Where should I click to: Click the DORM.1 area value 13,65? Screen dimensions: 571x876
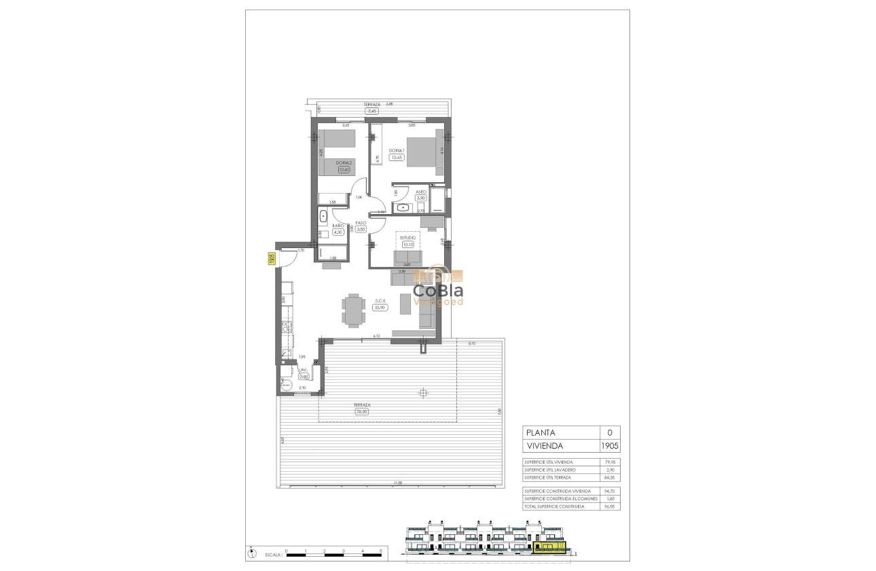(397, 158)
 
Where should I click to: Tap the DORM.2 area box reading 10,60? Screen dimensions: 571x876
(344, 170)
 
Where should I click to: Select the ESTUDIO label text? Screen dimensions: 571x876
(409, 237)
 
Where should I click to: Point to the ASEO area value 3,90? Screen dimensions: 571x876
(420, 198)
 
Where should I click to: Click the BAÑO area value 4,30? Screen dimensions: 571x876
(337, 232)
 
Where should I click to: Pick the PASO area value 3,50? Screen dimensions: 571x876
(361, 230)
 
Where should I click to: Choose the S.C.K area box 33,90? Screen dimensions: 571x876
(380, 307)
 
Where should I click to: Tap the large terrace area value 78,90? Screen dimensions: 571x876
(361, 411)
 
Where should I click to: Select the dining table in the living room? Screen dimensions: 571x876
(352, 311)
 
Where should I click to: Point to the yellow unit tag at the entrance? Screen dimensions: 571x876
(270, 259)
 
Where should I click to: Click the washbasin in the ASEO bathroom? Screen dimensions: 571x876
(403, 207)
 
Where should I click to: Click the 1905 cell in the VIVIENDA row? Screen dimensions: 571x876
(609, 447)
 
